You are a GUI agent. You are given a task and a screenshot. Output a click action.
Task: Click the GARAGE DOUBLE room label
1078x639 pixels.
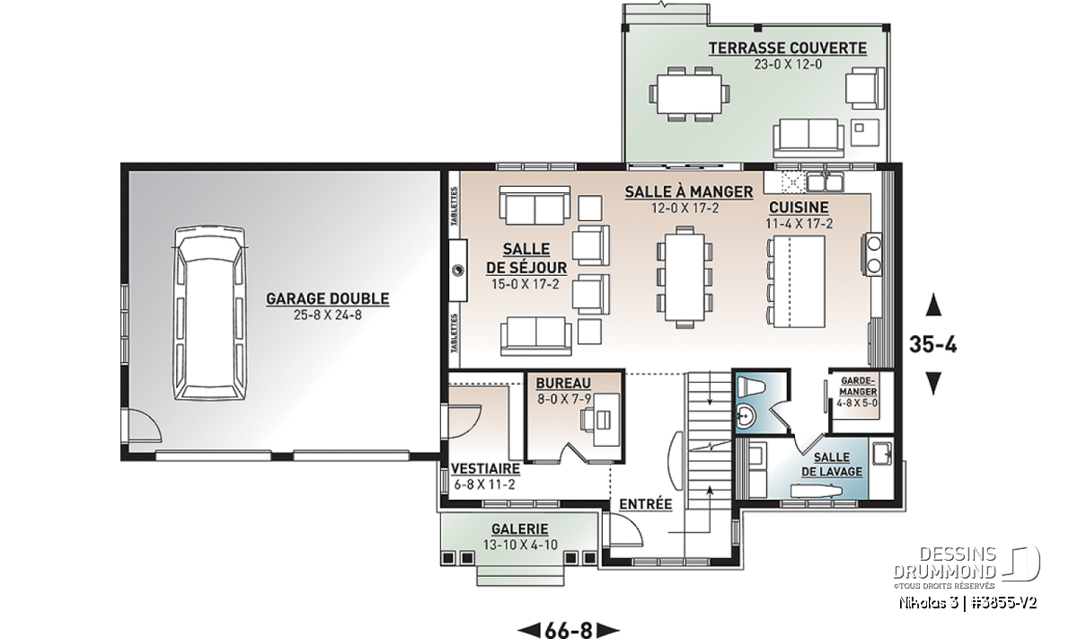pyautogui.click(x=328, y=298)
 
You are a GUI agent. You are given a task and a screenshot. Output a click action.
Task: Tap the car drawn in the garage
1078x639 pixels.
pyautogui.click(x=209, y=313)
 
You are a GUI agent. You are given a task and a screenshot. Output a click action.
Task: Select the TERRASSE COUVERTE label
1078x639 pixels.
pyautogui.click(x=788, y=49)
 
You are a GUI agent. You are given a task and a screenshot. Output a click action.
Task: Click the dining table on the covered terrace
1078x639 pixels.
pyautogui.click(x=690, y=94)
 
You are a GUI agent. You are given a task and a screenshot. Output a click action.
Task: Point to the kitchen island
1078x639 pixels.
pyautogui.click(x=800, y=281)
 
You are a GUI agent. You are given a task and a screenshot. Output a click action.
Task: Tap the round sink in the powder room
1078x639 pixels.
pyautogui.click(x=747, y=415)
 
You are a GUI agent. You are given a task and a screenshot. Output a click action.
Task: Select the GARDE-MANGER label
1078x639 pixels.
pyautogui.click(x=859, y=386)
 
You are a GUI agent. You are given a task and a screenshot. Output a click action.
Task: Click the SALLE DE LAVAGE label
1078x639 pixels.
pyautogui.click(x=832, y=465)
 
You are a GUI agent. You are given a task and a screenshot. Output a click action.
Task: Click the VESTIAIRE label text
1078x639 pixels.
pyautogui.click(x=486, y=468)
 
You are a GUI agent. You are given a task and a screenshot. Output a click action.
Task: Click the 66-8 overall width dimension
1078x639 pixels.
pyautogui.click(x=568, y=629)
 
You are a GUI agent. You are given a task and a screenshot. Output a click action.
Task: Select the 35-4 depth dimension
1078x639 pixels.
pyautogui.click(x=933, y=345)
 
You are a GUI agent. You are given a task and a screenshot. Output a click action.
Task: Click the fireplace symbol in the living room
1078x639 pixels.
pyautogui.click(x=458, y=271)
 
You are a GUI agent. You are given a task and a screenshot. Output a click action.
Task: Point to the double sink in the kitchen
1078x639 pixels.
pyautogui.click(x=826, y=182)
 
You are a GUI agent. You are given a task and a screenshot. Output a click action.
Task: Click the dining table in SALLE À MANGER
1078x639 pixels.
pyautogui.click(x=685, y=278)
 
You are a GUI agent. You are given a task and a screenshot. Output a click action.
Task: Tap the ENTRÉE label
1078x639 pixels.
pyautogui.click(x=645, y=504)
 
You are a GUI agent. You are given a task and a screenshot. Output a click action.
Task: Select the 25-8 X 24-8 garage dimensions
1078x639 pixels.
pyautogui.click(x=328, y=315)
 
